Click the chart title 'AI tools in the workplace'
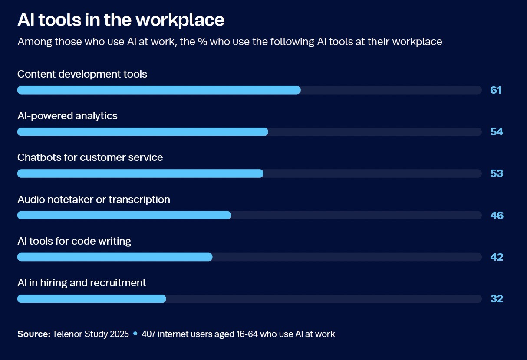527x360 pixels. point(121,20)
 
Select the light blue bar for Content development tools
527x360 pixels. point(159,90)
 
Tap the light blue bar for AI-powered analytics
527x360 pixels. point(143,132)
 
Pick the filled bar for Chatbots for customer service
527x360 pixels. point(141,173)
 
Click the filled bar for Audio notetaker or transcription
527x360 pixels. point(124,215)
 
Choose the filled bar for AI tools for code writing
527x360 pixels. point(115,257)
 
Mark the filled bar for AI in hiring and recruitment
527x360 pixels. point(92,299)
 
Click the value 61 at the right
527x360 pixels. point(496,90)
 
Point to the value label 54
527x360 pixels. point(497,132)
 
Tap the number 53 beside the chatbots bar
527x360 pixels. point(497,173)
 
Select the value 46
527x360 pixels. point(497,216)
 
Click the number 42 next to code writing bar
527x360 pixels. point(497,257)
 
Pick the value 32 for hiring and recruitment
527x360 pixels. point(497,299)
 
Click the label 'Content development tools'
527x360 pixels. point(82,74)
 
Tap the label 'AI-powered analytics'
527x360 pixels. point(67,116)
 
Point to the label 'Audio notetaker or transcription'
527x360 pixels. point(94,200)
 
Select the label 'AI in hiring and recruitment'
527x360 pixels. point(82,283)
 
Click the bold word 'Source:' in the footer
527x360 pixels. point(34,334)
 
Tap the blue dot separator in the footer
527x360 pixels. point(135,334)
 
